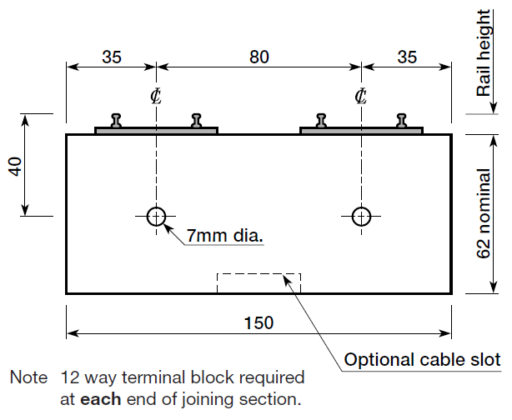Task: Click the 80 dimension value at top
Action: point(259,57)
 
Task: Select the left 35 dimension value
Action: point(112,57)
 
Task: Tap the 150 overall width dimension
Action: point(259,322)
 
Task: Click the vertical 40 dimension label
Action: point(14,165)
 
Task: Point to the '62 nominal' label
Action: point(484,214)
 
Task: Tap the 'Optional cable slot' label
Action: point(422,360)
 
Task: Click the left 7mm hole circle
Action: point(156,217)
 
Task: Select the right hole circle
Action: point(361,217)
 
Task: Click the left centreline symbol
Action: point(156,96)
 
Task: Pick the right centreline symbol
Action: point(361,96)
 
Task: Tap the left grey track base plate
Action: point(157,130)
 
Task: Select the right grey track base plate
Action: point(361,130)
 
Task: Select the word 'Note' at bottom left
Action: point(28,377)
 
